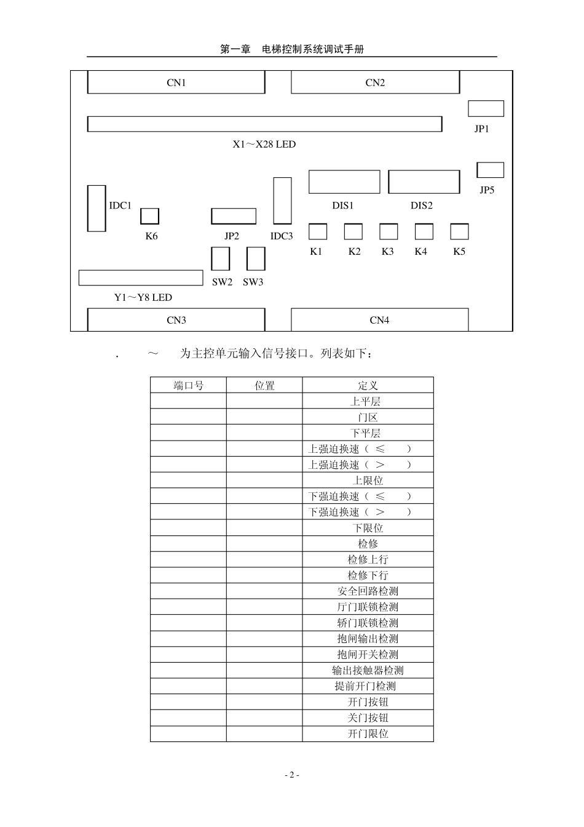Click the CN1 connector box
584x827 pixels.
(176, 82)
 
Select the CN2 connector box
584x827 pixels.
(375, 82)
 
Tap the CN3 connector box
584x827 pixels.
(176, 320)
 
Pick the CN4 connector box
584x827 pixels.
(379, 320)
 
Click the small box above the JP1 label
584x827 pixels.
(486, 108)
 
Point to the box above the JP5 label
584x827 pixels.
(490, 170)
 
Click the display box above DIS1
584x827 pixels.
(344, 182)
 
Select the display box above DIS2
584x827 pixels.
(424, 182)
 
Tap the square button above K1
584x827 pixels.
(318, 231)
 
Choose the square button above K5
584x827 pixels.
(459, 231)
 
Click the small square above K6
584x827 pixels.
(150, 216)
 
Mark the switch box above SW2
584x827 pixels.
(221, 259)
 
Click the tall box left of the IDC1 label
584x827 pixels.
(97, 209)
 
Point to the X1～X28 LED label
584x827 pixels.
(264, 145)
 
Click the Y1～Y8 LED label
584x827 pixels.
(143, 298)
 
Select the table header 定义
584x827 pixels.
(368, 386)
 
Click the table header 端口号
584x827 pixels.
(189, 386)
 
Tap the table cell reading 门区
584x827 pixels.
(368, 417)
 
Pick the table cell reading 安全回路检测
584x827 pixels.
(368, 591)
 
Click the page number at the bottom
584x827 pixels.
(292, 775)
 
